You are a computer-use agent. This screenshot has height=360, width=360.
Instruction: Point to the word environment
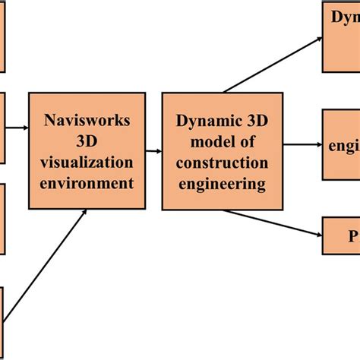coord(87,182)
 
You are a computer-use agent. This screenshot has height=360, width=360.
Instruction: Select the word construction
coord(222,163)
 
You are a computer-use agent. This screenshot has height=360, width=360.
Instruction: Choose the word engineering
coord(222,184)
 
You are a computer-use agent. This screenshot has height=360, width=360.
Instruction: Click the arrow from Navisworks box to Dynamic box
coord(154,151)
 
